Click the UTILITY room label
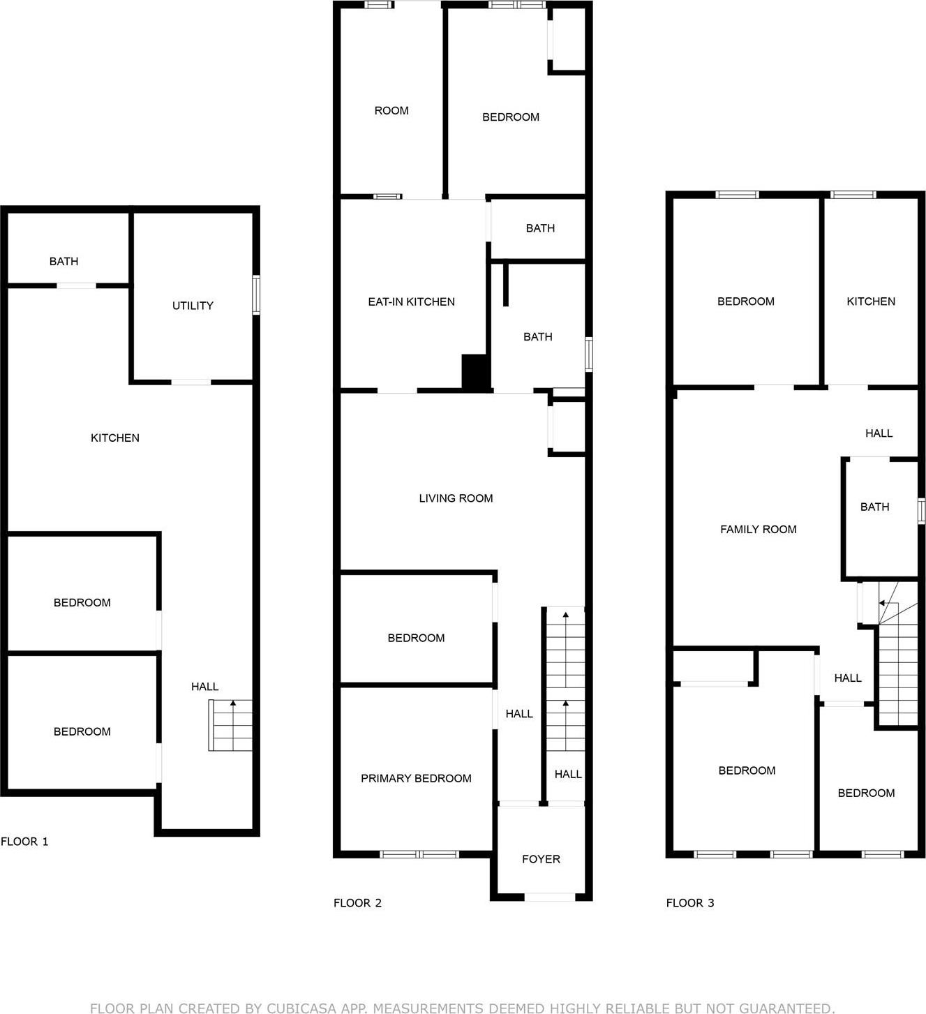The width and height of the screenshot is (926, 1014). tap(193, 306)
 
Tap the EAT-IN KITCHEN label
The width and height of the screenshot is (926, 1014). tap(411, 301)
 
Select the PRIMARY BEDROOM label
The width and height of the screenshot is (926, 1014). tap(416, 778)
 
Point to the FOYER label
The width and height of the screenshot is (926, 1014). tap(541, 859)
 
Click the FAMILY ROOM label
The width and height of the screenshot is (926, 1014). tap(758, 529)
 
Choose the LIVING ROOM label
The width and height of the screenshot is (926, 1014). tap(456, 498)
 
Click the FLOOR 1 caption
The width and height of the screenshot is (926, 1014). tap(24, 841)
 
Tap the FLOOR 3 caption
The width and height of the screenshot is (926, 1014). tap(690, 902)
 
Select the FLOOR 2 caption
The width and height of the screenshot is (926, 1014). tap(357, 902)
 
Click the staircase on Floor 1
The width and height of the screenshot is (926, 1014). tap(230, 726)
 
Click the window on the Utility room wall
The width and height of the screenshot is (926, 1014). tap(256, 295)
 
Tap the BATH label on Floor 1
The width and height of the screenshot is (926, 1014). tap(64, 261)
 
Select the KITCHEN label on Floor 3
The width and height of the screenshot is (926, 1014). tap(870, 301)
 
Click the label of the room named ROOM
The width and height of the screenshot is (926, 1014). tap(391, 110)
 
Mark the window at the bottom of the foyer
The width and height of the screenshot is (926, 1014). tap(550, 897)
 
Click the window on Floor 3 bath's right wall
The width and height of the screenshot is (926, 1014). tap(921, 510)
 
